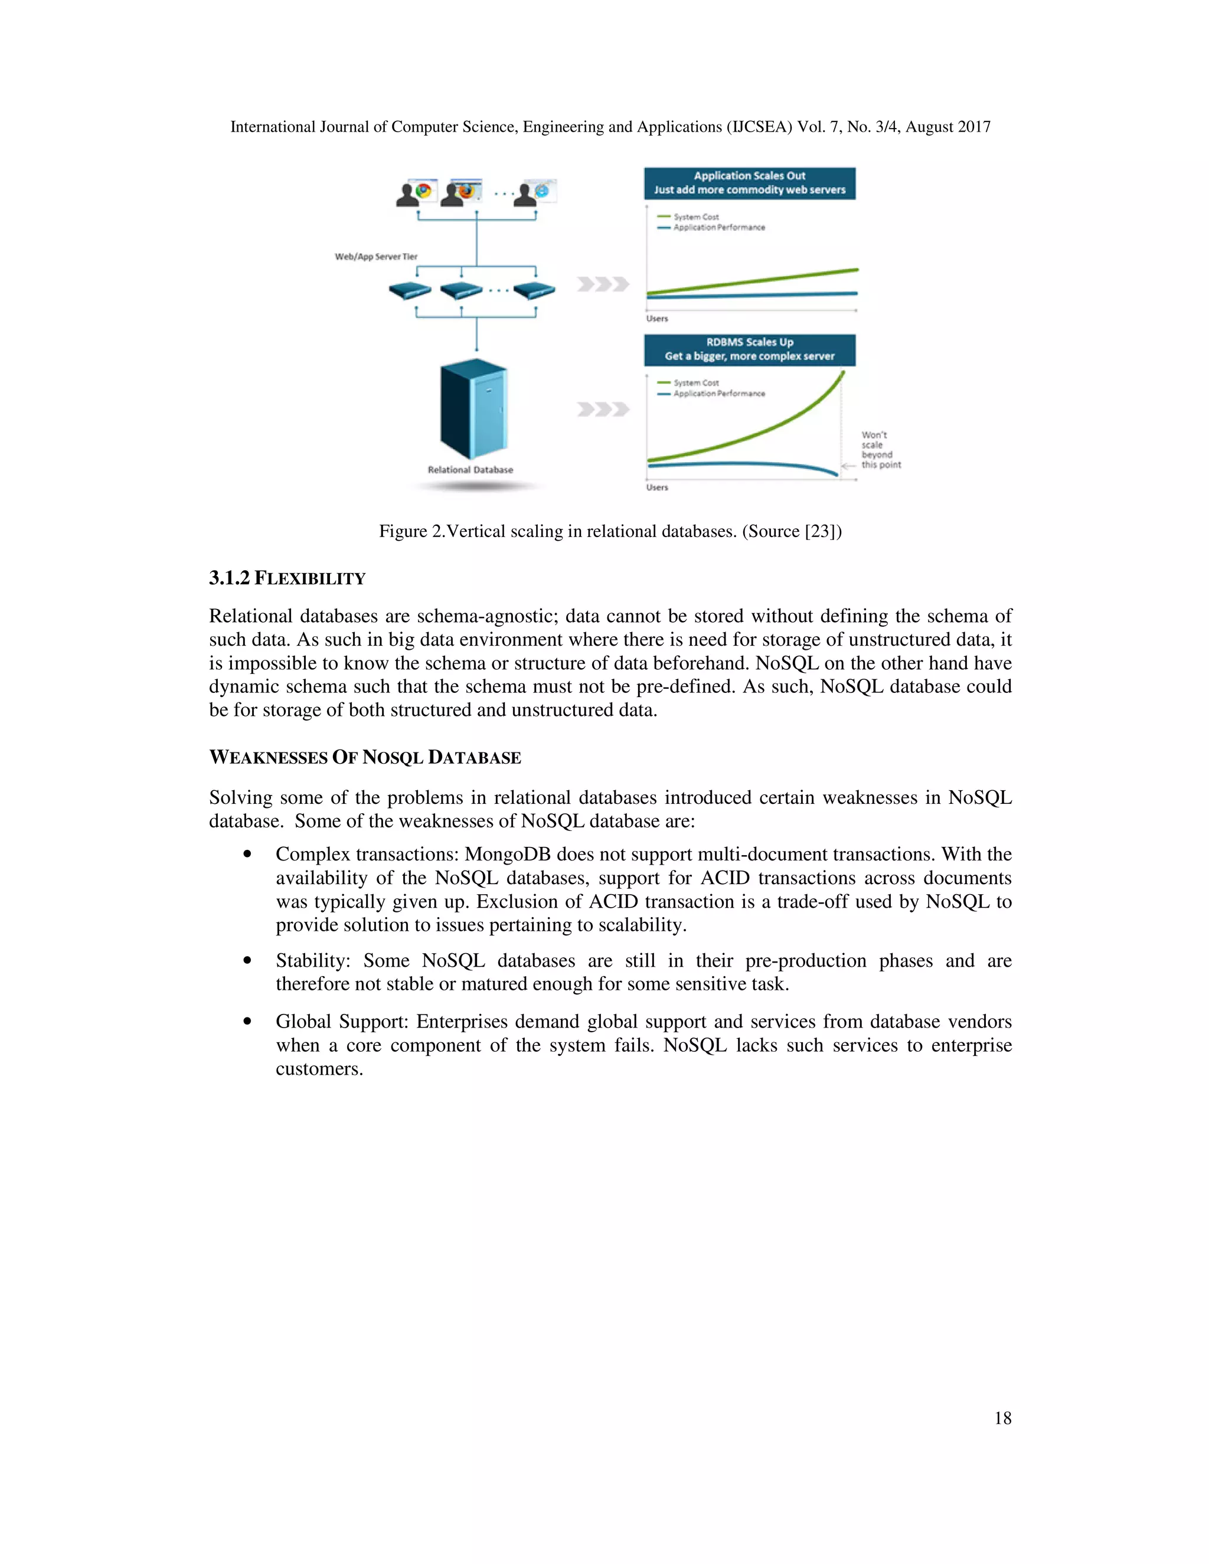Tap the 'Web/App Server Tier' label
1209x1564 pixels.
pyautogui.click(x=376, y=256)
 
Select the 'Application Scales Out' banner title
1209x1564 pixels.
pyautogui.click(x=749, y=175)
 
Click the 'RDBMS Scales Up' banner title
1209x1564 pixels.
pyautogui.click(x=749, y=342)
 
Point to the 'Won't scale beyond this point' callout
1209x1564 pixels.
pyautogui.click(x=880, y=450)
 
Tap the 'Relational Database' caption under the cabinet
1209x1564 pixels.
pyautogui.click(x=470, y=470)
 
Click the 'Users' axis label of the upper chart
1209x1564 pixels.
pyautogui.click(x=657, y=319)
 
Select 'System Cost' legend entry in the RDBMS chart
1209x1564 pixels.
pyautogui.click(x=695, y=383)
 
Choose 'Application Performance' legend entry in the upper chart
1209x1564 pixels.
pyautogui.click(x=718, y=228)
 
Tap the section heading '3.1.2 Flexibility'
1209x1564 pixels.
pyautogui.click(x=287, y=578)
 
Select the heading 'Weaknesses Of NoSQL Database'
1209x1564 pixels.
pyautogui.click(x=365, y=758)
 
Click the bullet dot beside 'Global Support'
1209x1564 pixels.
pyautogui.click(x=247, y=1021)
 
